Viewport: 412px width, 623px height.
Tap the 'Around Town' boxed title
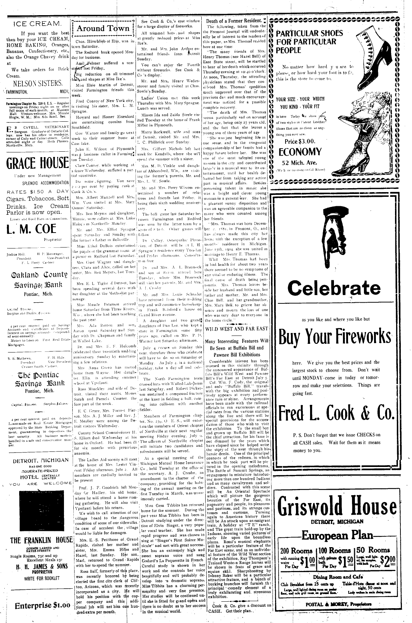pyautogui.click(x=103, y=28)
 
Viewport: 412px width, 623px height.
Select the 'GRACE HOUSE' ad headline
pyautogui.click(x=38, y=163)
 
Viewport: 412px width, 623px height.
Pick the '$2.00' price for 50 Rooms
pyautogui.click(x=392, y=562)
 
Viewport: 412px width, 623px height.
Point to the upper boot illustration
pyautogui.click(x=376, y=49)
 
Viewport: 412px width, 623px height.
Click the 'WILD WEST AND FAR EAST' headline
pyautogui.click(x=237, y=329)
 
